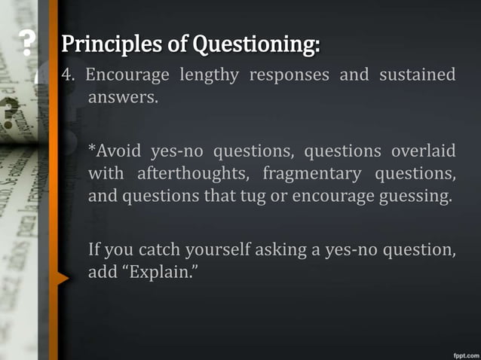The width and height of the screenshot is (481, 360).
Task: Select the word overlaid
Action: (x=423, y=152)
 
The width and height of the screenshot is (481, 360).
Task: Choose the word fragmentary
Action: (x=317, y=175)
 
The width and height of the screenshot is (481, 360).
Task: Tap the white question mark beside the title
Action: (x=28, y=46)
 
